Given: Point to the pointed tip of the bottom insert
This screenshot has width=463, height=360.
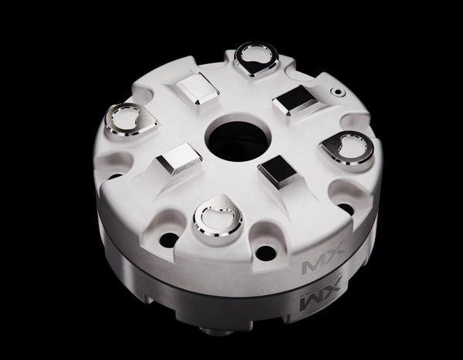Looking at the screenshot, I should [219, 198].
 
